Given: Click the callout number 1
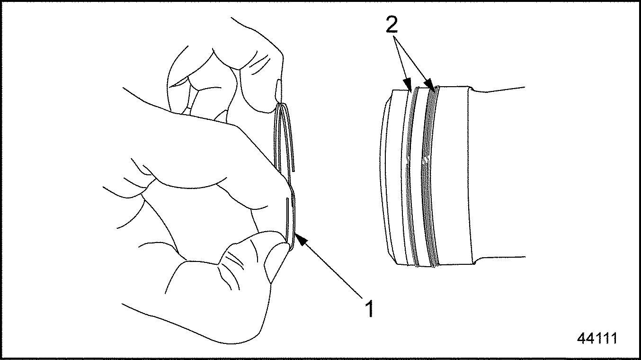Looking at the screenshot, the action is pos(370,308).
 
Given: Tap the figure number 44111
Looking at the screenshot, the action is pos(597,339).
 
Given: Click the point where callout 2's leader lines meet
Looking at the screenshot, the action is pos(394,36).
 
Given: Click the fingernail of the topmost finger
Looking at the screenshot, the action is pos(278,90).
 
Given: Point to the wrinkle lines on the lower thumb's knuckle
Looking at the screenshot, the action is pos(233,262).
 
